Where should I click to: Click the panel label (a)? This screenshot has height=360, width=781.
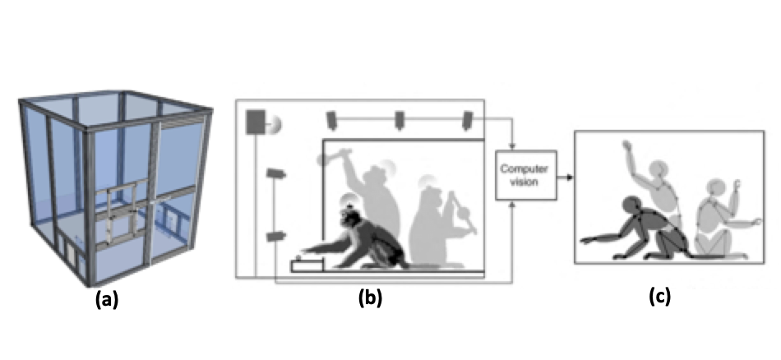point(107,300)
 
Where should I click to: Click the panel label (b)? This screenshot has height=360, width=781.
point(370,298)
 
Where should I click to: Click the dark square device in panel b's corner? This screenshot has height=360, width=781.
point(256,122)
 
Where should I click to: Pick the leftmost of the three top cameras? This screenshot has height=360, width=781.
point(332,120)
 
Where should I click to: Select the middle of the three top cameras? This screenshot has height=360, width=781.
point(400,120)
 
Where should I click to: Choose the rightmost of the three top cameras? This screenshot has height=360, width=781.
point(467,120)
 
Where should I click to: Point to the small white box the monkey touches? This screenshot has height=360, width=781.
point(307,265)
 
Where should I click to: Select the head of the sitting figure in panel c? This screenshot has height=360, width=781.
point(713,190)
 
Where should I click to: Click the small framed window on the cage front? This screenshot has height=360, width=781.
point(123,210)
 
